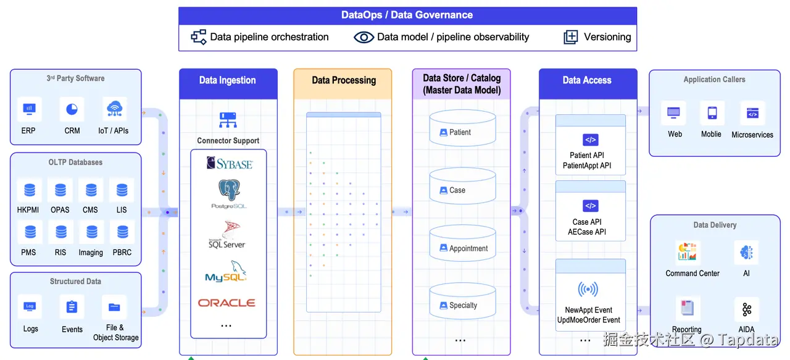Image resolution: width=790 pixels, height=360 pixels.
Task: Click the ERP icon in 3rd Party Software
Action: point(29,109)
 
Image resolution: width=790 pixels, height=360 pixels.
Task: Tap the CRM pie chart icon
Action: point(72,109)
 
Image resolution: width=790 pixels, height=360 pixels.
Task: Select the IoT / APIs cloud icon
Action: point(114,109)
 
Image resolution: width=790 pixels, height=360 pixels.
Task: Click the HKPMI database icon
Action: point(29,190)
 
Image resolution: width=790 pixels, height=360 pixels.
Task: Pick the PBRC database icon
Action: point(122,232)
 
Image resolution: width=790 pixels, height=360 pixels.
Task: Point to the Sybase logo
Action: point(229,164)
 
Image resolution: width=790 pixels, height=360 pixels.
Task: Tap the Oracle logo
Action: point(227,303)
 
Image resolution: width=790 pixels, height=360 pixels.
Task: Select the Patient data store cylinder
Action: point(462,129)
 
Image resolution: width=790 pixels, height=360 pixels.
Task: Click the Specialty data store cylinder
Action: point(462,301)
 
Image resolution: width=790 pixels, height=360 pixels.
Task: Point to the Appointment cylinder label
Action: point(468,248)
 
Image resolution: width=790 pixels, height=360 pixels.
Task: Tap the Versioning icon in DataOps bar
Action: point(571,37)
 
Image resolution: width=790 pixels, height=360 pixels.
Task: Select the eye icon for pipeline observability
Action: point(364,37)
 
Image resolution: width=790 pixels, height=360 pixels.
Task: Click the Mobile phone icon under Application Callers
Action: point(712,113)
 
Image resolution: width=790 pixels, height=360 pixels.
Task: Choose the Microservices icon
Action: point(752,114)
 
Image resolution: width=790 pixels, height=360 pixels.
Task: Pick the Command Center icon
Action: point(688,253)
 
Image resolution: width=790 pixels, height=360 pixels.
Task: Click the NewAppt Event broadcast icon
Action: point(588,289)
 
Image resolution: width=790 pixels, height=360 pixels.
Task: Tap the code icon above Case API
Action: point(591,206)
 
